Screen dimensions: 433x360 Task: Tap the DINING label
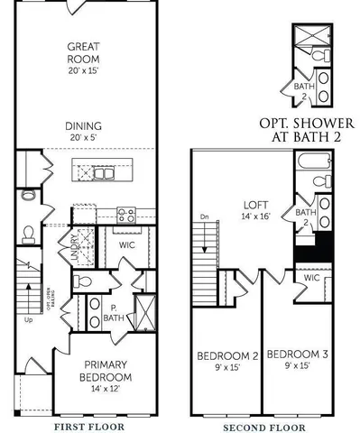tap(88, 125)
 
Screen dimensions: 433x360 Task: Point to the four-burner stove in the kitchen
tap(127, 215)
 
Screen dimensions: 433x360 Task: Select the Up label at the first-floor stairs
tap(29, 318)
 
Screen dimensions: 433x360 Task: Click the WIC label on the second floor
tap(312, 278)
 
